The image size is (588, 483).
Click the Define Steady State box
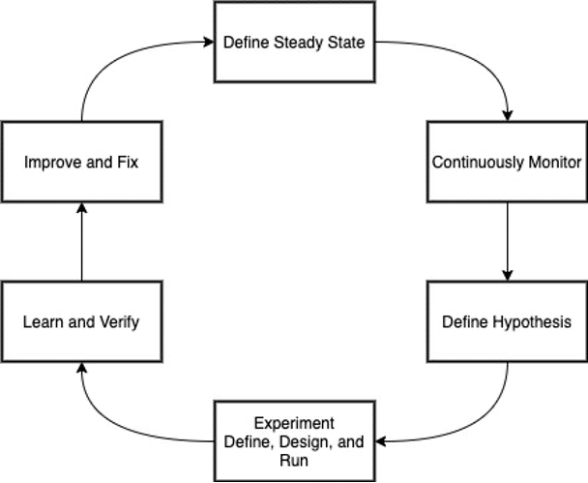pyautogui.click(x=294, y=43)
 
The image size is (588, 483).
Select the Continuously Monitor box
pyautogui.click(x=507, y=162)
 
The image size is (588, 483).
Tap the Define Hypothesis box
pyautogui.click(x=507, y=321)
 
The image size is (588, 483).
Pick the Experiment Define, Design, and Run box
pyautogui.click(x=294, y=440)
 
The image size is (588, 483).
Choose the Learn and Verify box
pyautogui.click(x=81, y=321)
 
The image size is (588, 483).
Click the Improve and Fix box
pyautogui.click(x=81, y=162)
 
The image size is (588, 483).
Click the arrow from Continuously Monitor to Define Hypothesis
pyautogui.click(x=507, y=241)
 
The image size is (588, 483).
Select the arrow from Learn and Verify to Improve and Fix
pyautogui.click(x=81, y=241)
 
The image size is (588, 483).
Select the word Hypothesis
pyautogui.click(x=533, y=321)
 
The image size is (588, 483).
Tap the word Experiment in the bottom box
pyautogui.click(x=294, y=423)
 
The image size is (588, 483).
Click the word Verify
pyautogui.click(x=118, y=321)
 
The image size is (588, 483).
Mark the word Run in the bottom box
pyautogui.click(x=294, y=459)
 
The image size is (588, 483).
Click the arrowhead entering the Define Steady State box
pyautogui.click(x=208, y=43)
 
